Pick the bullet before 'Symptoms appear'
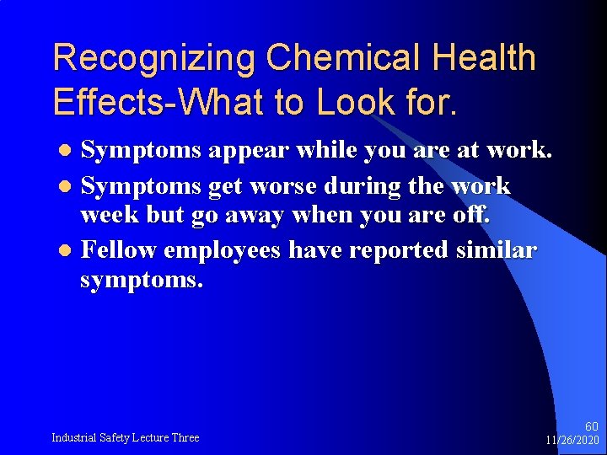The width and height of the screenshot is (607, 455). click(71, 152)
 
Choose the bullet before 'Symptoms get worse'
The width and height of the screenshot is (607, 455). click(71, 187)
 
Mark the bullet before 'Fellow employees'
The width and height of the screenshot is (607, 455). click(71, 251)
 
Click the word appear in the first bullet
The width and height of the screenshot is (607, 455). click(248, 151)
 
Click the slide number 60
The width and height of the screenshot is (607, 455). click(591, 427)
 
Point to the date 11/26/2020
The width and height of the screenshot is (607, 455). click(572, 441)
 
